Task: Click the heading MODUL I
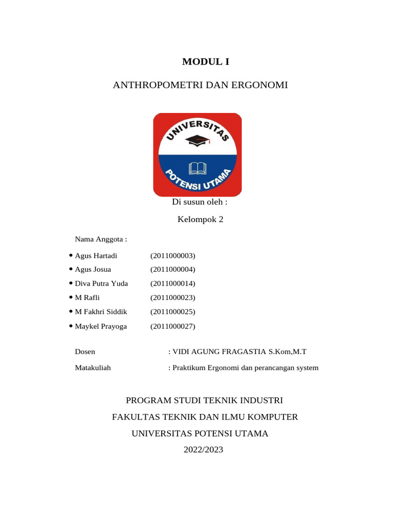point(206,62)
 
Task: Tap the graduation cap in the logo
point(195,140)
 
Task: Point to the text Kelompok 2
point(200,220)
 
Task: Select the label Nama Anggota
point(101,239)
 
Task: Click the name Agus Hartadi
point(96,255)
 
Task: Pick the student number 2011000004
point(173,269)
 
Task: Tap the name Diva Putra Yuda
point(101,283)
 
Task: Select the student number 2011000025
point(173,312)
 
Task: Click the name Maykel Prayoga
point(101,326)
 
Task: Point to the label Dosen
point(85,352)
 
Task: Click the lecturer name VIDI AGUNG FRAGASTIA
point(220,352)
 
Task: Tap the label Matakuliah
point(93,367)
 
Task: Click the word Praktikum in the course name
point(188,367)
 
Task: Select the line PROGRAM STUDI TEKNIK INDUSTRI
point(204,400)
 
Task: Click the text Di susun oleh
point(200,202)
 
